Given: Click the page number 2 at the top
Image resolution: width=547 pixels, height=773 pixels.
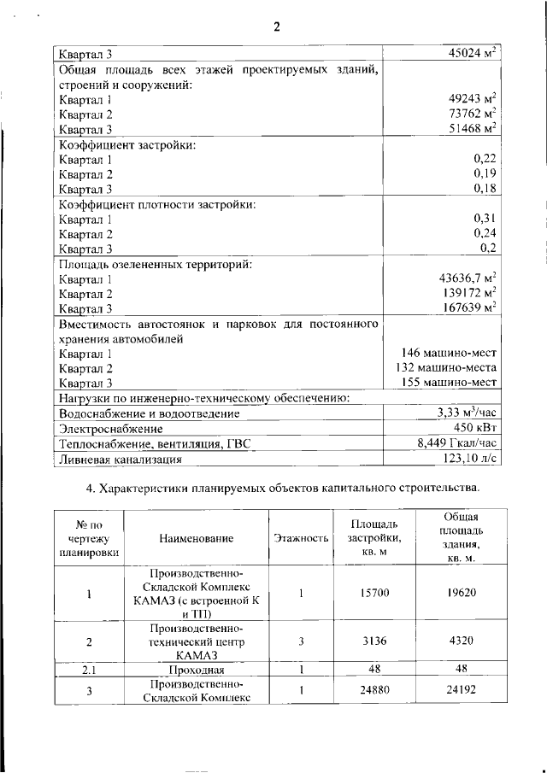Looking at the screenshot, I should pos(276,26).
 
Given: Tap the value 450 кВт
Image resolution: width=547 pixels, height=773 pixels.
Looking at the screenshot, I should pos(475,428).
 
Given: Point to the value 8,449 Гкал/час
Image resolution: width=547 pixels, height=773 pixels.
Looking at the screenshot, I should pos(457,443).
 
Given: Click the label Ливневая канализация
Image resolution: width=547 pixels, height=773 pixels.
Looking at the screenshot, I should pos(119,460).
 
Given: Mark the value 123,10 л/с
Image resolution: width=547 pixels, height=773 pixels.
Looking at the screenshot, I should pos(468,459).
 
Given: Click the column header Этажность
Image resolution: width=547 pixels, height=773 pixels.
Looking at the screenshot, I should pos(301,538).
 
